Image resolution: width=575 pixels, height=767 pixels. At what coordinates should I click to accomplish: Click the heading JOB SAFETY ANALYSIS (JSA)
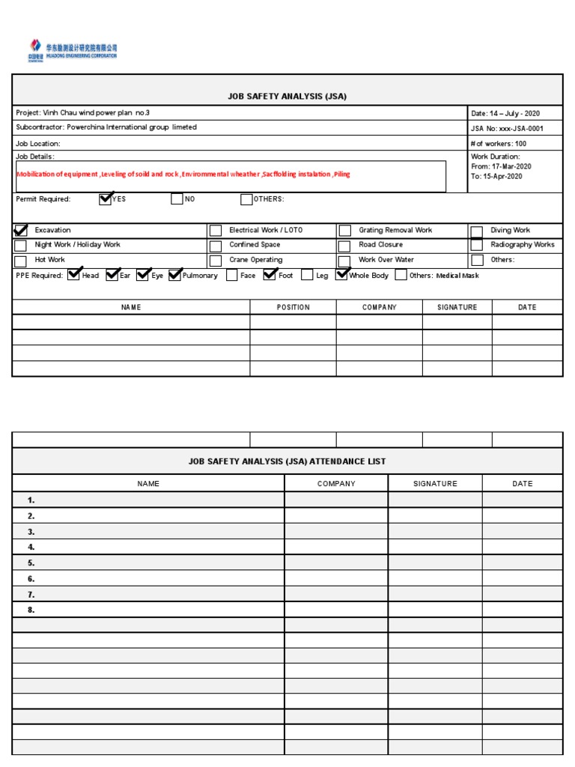click(287, 96)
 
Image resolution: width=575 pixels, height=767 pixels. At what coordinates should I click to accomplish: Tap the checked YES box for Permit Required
click(105, 199)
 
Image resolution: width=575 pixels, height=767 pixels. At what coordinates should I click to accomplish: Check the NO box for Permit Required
click(177, 199)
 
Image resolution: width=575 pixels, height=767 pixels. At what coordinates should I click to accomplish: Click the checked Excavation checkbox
click(21, 231)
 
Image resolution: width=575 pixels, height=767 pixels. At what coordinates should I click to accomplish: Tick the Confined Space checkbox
click(216, 246)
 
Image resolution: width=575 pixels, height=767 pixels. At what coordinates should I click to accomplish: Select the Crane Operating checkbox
click(216, 261)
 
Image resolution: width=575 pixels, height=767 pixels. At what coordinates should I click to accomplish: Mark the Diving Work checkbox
click(476, 231)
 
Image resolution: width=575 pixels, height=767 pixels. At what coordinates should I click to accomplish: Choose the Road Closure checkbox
click(344, 246)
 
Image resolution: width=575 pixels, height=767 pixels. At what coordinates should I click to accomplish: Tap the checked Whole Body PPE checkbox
click(342, 275)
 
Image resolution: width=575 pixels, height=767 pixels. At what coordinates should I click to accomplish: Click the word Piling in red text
click(342, 174)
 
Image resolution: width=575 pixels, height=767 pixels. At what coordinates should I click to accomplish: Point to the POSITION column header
click(293, 307)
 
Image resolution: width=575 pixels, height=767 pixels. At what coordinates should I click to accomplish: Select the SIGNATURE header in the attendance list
click(435, 484)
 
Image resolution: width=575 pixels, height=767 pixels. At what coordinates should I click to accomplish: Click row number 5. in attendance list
click(31, 563)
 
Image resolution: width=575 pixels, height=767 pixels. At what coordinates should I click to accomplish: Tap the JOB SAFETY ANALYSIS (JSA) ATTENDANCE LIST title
click(287, 461)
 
